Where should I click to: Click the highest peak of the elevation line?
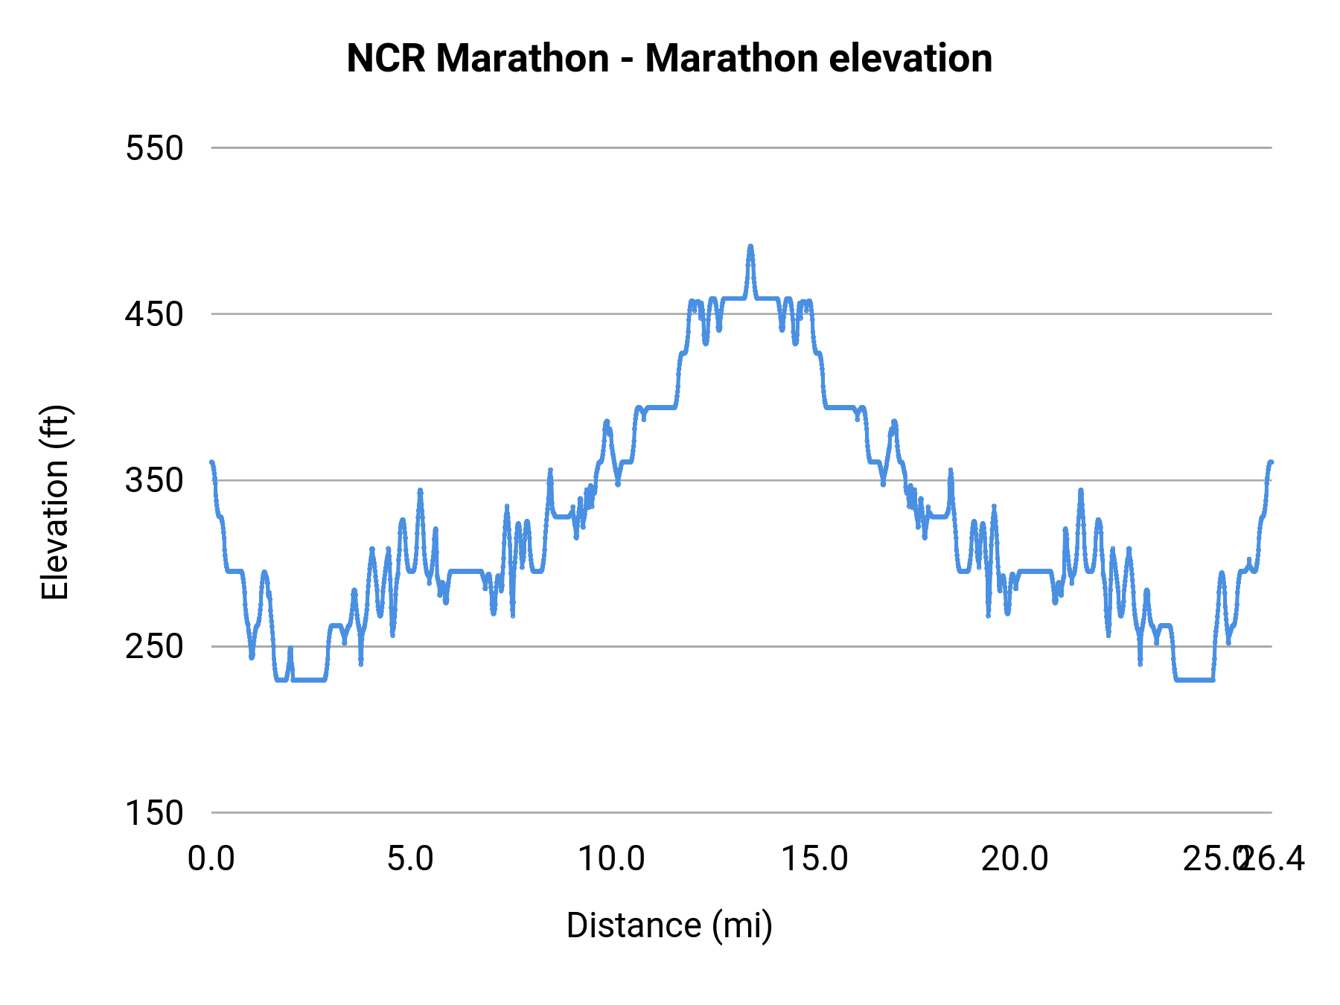click(x=750, y=246)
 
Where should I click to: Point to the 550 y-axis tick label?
click(x=154, y=148)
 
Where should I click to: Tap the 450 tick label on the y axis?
click(x=154, y=314)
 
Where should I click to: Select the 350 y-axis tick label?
click(x=154, y=480)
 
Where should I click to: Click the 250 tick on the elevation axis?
click(x=154, y=646)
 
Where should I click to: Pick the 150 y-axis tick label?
click(x=154, y=812)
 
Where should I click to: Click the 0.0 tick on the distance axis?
click(x=211, y=859)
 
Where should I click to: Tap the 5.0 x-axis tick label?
click(x=410, y=859)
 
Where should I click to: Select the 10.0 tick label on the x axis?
click(x=611, y=859)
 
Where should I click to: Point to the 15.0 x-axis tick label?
click(x=814, y=859)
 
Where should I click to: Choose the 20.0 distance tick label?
click(x=1015, y=859)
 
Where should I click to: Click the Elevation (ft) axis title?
click(x=55, y=502)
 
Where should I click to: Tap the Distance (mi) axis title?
click(x=669, y=925)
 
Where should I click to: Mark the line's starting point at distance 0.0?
click(x=212, y=463)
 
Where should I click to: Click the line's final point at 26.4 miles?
click(x=1271, y=462)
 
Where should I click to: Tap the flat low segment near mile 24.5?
click(x=1195, y=679)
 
